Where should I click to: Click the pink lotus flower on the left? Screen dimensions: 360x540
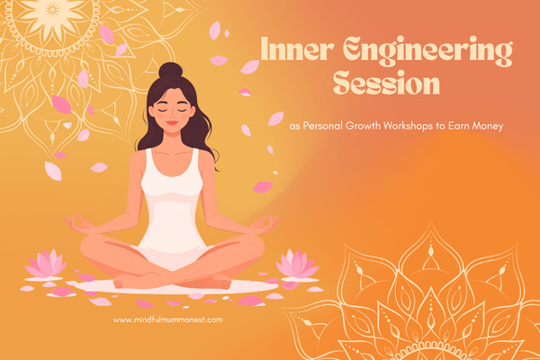(44, 264)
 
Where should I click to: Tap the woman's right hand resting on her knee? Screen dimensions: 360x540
(78, 221)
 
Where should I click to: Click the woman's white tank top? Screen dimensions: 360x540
(172, 198)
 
